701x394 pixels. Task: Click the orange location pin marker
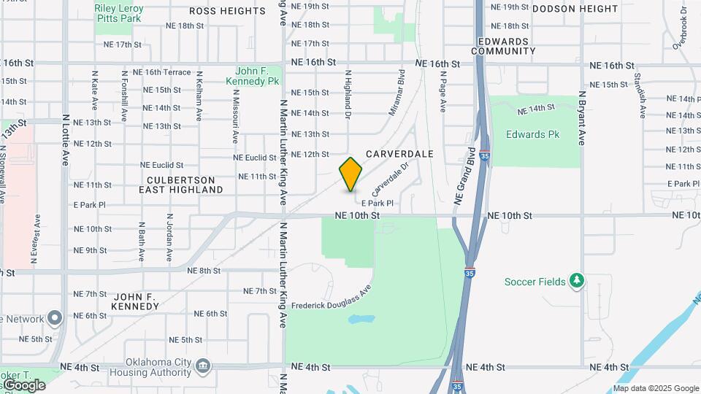click(350, 174)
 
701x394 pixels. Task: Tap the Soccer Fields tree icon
click(577, 281)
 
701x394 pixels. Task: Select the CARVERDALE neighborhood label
click(399, 154)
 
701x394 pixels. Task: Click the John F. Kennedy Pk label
click(258, 77)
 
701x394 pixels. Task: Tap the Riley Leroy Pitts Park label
click(119, 13)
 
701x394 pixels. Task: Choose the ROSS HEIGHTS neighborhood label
click(227, 11)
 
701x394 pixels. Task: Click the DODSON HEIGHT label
click(575, 8)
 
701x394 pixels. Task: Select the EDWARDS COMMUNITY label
click(503, 46)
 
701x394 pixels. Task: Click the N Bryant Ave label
click(583, 117)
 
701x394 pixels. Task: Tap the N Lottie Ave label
click(66, 139)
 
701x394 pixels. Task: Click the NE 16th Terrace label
click(167, 72)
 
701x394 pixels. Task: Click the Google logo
click(24, 385)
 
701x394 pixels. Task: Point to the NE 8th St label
click(204, 271)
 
